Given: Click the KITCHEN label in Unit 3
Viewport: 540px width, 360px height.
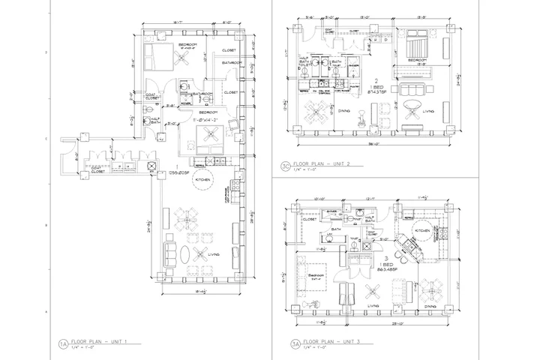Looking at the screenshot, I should click(x=423, y=231).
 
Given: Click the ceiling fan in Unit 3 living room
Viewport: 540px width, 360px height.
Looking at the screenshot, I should click(x=369, y=289).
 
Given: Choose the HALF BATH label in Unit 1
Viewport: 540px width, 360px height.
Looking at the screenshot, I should click(x=155, y=120).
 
